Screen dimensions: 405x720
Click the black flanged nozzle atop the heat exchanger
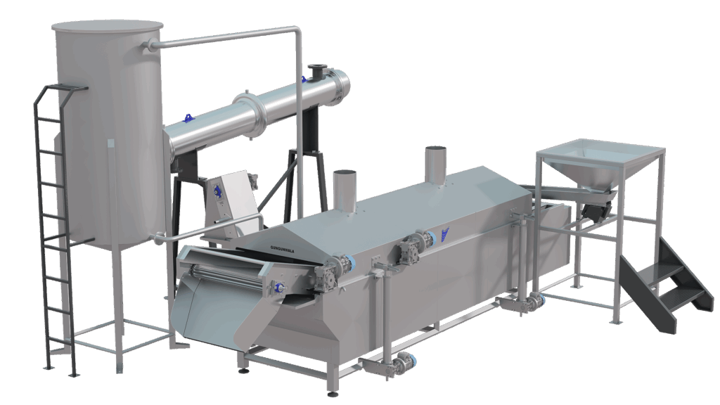tap(316, 72)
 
